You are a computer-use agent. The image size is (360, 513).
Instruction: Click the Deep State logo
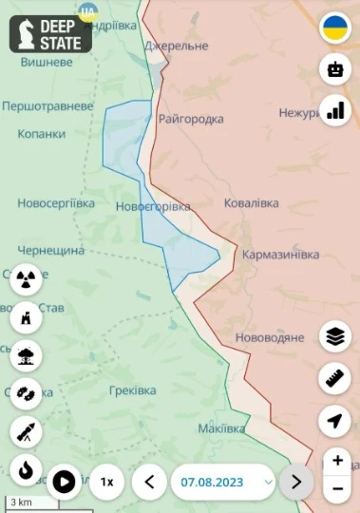(x=50, y=33)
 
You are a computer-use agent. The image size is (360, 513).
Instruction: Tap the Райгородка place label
(x=192, y=119)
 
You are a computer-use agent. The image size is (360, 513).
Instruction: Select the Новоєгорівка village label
(x=152, y=206)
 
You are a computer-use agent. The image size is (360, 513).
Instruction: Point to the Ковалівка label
(x=252, y=203)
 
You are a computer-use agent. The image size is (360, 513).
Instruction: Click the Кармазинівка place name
(x=280, y=256)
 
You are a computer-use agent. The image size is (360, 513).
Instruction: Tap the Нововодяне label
(x=269, y=337)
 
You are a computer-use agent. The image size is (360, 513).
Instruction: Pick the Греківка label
(x=132, y=390)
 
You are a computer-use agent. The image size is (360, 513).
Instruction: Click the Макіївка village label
(x=221, y=428)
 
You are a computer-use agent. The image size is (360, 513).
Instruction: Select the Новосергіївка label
(x=56, y=203)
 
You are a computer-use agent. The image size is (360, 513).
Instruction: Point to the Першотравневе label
(x=47, y=105)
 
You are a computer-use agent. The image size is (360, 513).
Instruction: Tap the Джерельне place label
(x=176, y=46)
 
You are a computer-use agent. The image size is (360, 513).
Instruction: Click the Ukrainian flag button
(x=334, y=28)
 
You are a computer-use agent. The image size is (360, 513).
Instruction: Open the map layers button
(x=334, y=336)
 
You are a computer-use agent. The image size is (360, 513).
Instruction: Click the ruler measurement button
(x=334, y=379)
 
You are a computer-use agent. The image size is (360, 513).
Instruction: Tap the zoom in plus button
(x=338, y=461)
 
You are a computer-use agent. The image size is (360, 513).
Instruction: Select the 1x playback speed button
(x=107, y=482)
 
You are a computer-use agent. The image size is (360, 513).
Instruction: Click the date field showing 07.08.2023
(x=223, y=482)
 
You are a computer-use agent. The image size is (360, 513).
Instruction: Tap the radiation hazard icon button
(x=26, y=279)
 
